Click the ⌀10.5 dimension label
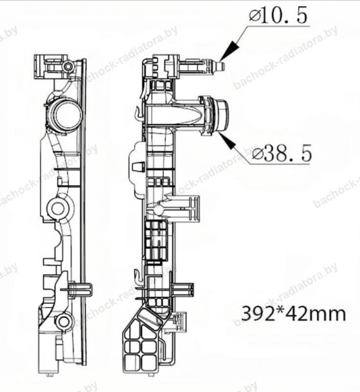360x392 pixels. (278, 15)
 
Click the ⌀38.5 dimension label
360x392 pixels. (282, 153)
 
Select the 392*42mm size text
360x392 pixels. (294, 314)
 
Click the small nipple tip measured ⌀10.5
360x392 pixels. (221, 66)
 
